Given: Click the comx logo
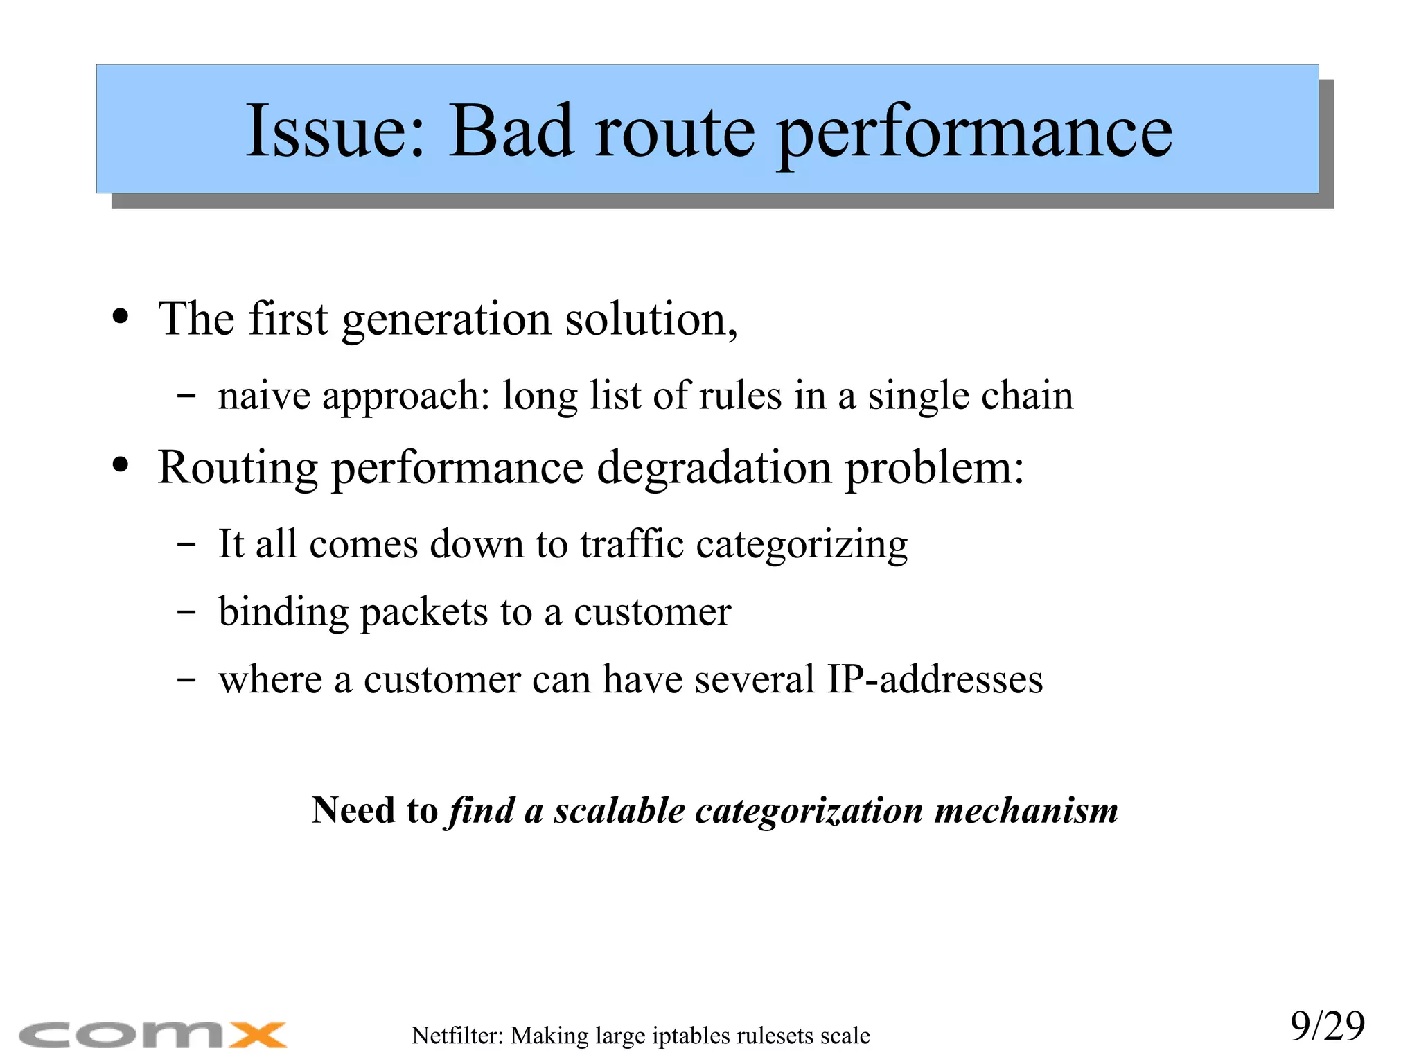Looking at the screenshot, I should tap(152, 1035).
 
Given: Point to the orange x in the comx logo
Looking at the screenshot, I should tap(258, 1035).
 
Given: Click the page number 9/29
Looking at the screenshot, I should tap(1327, 1026).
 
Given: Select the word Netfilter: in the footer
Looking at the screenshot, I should tap(457, 1036).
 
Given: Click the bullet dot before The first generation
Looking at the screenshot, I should tap(121, 317).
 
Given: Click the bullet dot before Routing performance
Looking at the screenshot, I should tap(121, 465).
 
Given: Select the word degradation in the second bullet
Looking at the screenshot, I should tap(714, 468).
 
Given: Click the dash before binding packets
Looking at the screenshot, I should tap(186, 613).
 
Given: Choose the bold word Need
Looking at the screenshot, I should tap(353, 810).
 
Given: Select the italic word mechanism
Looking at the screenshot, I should tap(1025, 810).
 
